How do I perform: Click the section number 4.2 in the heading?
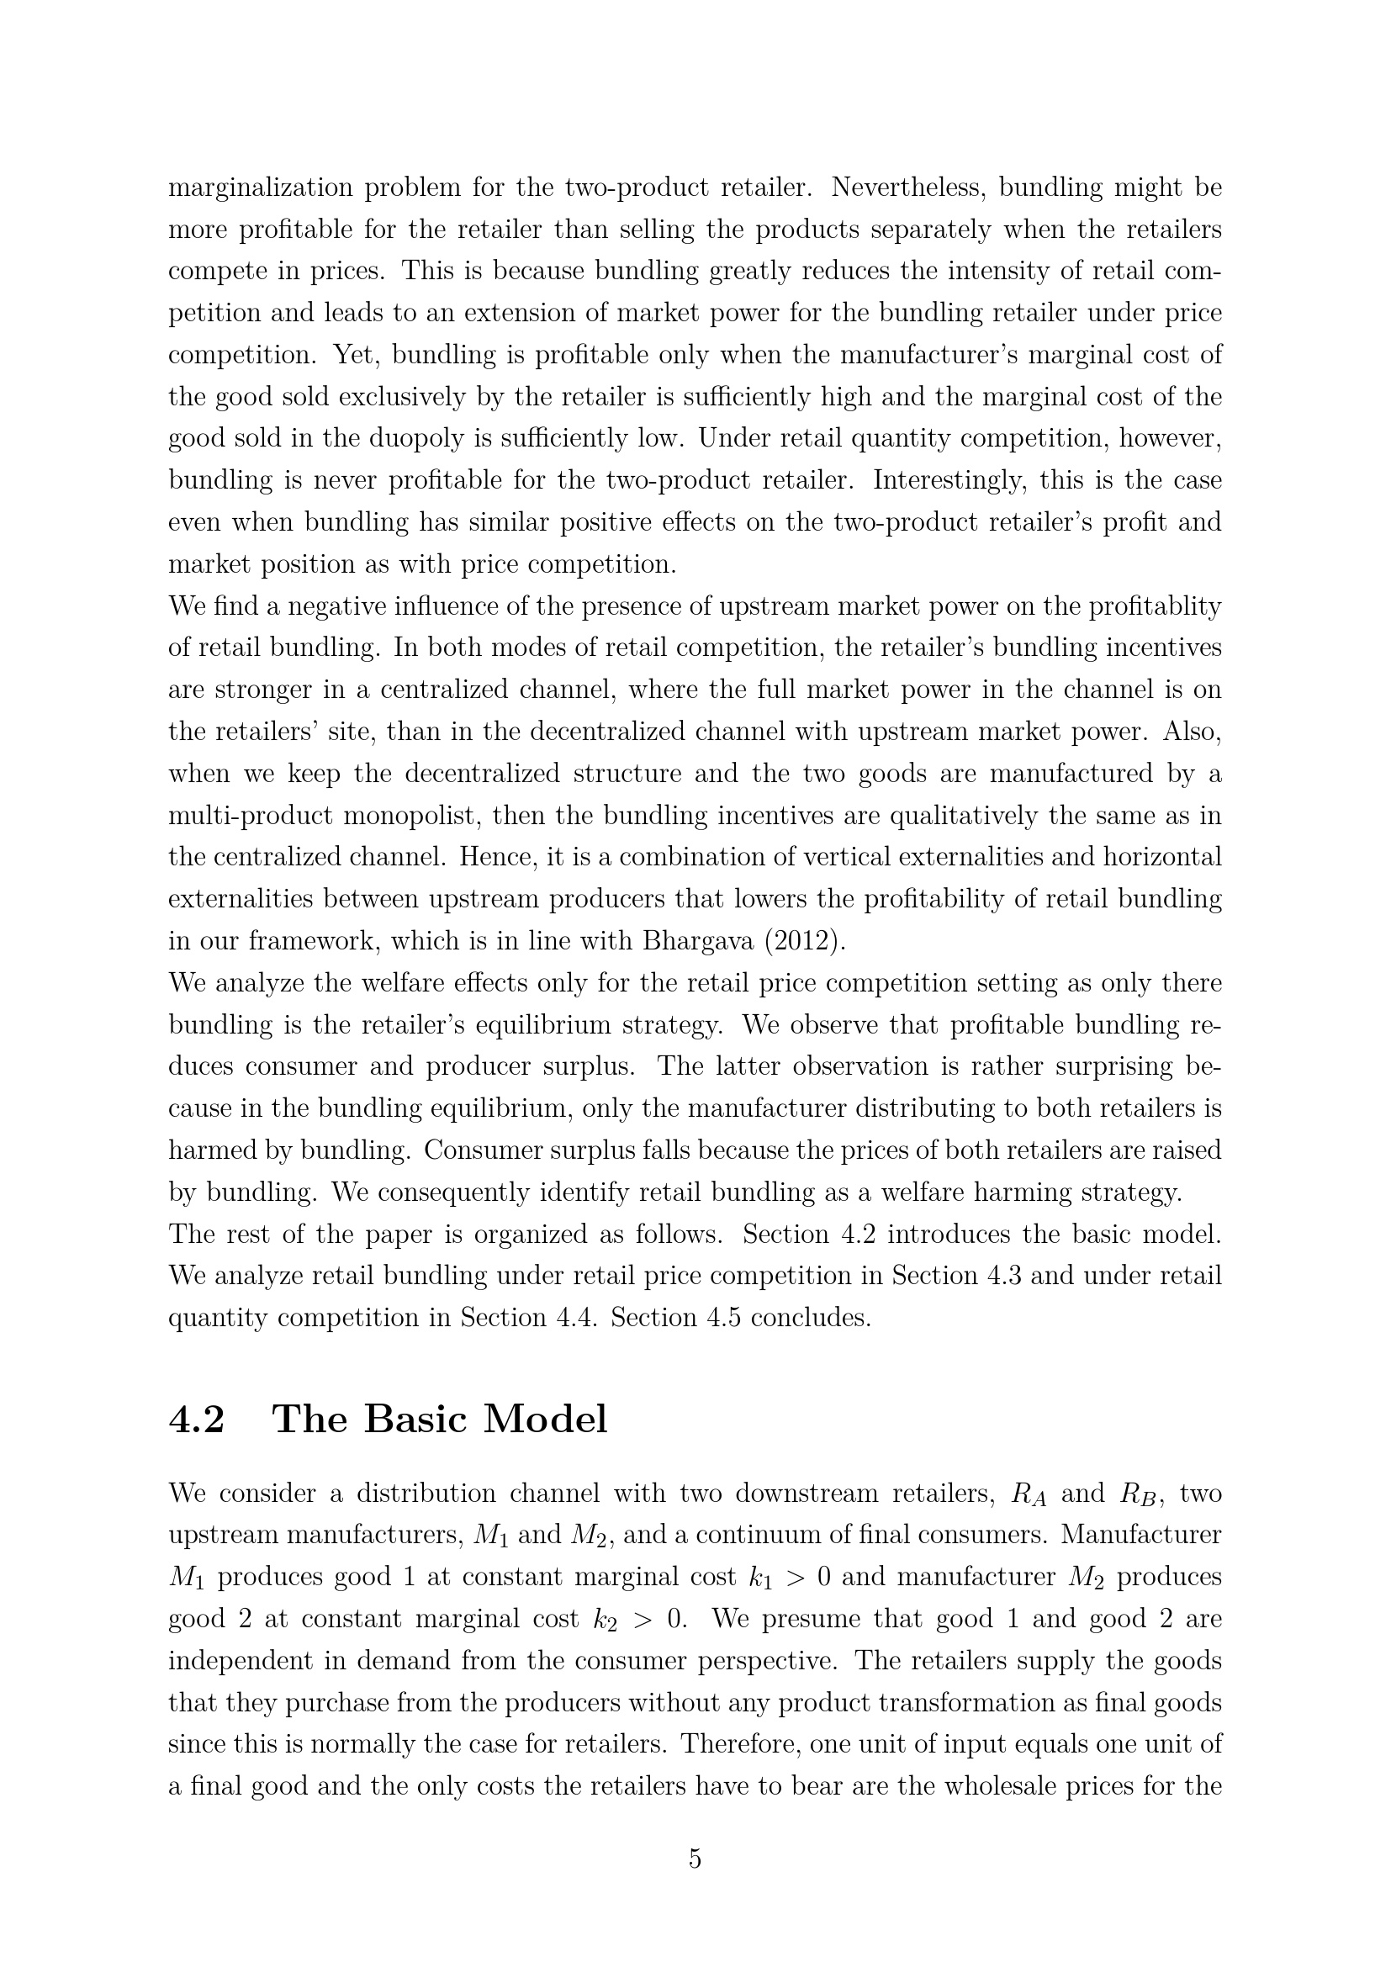197,1419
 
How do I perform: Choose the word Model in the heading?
546,1419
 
